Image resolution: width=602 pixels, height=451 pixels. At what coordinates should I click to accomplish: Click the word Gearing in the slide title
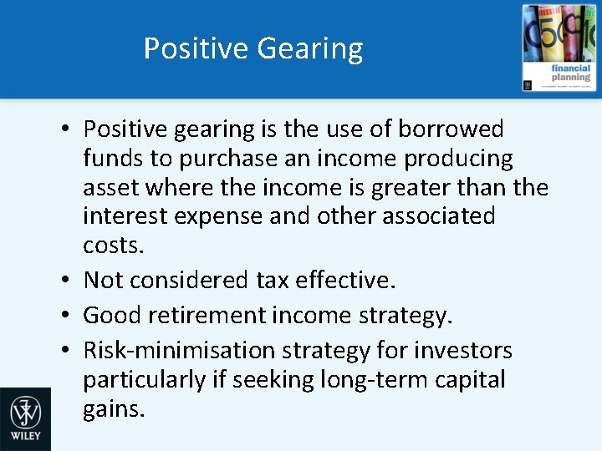tap(310, 49)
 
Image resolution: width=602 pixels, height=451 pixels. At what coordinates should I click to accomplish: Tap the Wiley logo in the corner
tap(25, 418)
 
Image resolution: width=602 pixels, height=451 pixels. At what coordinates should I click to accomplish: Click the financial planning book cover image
tap(559, 48)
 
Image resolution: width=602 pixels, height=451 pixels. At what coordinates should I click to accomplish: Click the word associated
tap(438, 215)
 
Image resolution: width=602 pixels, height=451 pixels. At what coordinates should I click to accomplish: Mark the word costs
tap(114, 245)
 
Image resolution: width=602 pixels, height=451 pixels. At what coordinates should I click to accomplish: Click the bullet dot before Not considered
tap(65, 281)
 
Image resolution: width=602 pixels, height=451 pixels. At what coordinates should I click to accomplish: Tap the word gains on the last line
tap(114, 409)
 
